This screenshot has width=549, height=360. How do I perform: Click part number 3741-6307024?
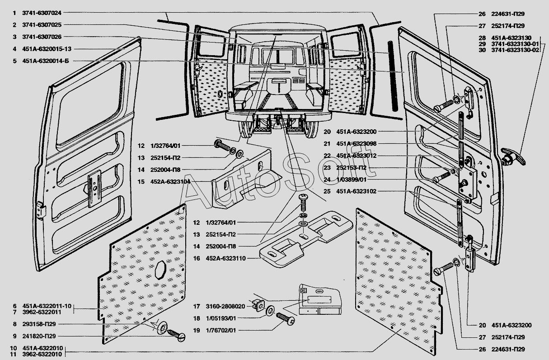tap(42, 13)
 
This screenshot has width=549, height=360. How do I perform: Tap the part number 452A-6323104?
tap(170, 181)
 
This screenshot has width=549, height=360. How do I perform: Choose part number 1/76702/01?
tap(221, 331)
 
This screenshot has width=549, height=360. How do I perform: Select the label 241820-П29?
tap(41, 336)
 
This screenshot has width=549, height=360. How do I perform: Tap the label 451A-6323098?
tap(356, 144)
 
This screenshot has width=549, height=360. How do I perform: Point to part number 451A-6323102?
tap(356, 191)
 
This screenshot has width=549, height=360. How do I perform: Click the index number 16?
tap(196, 258)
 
